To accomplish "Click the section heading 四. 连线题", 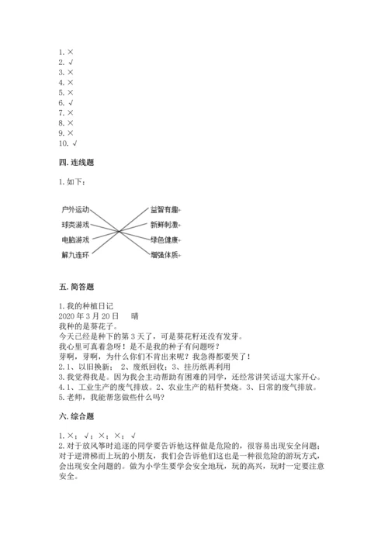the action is pos(76,165).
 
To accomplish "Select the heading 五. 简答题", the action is pos(76,287).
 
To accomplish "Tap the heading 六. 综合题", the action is pos(76,417).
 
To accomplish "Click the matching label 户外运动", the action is pos(76,209).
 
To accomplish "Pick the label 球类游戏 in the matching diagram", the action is pos(76,224).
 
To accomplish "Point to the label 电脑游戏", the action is pos(76,240).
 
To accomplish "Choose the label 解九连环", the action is pos(76,254).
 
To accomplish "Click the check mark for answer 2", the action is pos(71,61).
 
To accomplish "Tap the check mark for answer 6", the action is pos(71,102).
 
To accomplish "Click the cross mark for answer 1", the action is pos(71,51).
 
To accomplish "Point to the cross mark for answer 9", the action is pos(71,133).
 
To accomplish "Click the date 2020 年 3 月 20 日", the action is pos(88,316).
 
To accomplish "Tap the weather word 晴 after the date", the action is pos(135,316).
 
